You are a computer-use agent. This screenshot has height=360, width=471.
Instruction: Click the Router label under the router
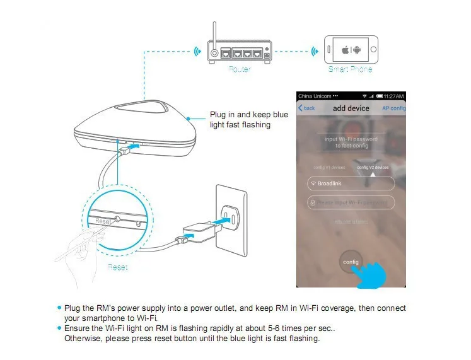pos(239,69)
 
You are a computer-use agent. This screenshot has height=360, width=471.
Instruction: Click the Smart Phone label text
pos(350,69)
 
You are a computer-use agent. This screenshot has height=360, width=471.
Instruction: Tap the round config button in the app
pos(350,261)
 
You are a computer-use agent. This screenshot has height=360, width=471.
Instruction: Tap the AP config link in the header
pos(393,108)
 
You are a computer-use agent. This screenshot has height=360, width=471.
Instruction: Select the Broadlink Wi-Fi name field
pos(351,183)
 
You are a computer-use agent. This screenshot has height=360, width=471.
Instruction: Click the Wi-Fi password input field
pos(351,202)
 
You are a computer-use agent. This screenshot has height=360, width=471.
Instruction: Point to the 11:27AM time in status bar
pos(393,96)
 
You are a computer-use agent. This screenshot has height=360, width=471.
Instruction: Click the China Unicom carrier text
pos(313,96)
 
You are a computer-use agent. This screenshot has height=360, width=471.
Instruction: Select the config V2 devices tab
pos(373,167)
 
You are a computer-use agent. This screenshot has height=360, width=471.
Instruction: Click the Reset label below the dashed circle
pos(117,267)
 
